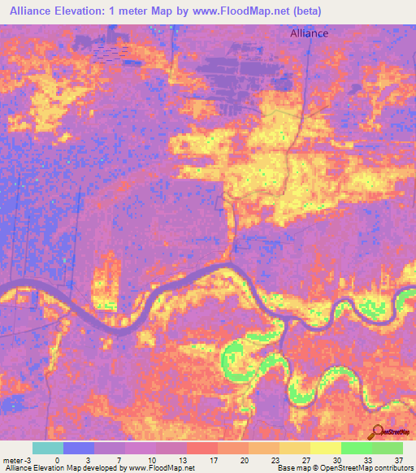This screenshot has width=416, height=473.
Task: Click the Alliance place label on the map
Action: pyautogui.click(x=309, y=33)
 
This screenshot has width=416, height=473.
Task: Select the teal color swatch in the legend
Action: pyautogui.click(x=48, y=448)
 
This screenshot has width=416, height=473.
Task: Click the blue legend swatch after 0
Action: pyautogui.click(x=79, y=448)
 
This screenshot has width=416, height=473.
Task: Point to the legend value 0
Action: pyautogui.click(x=57, y=459)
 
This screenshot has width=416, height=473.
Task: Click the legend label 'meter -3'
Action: pyautogui.click(x=16, y=459)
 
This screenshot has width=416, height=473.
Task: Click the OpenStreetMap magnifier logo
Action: pyautogui.click(x=379, y=432)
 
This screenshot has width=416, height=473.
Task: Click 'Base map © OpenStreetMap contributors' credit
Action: pyautogui.click(x=344, y=468)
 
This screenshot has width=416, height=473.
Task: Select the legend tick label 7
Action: pyautogui.click(x=119, y=459)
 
